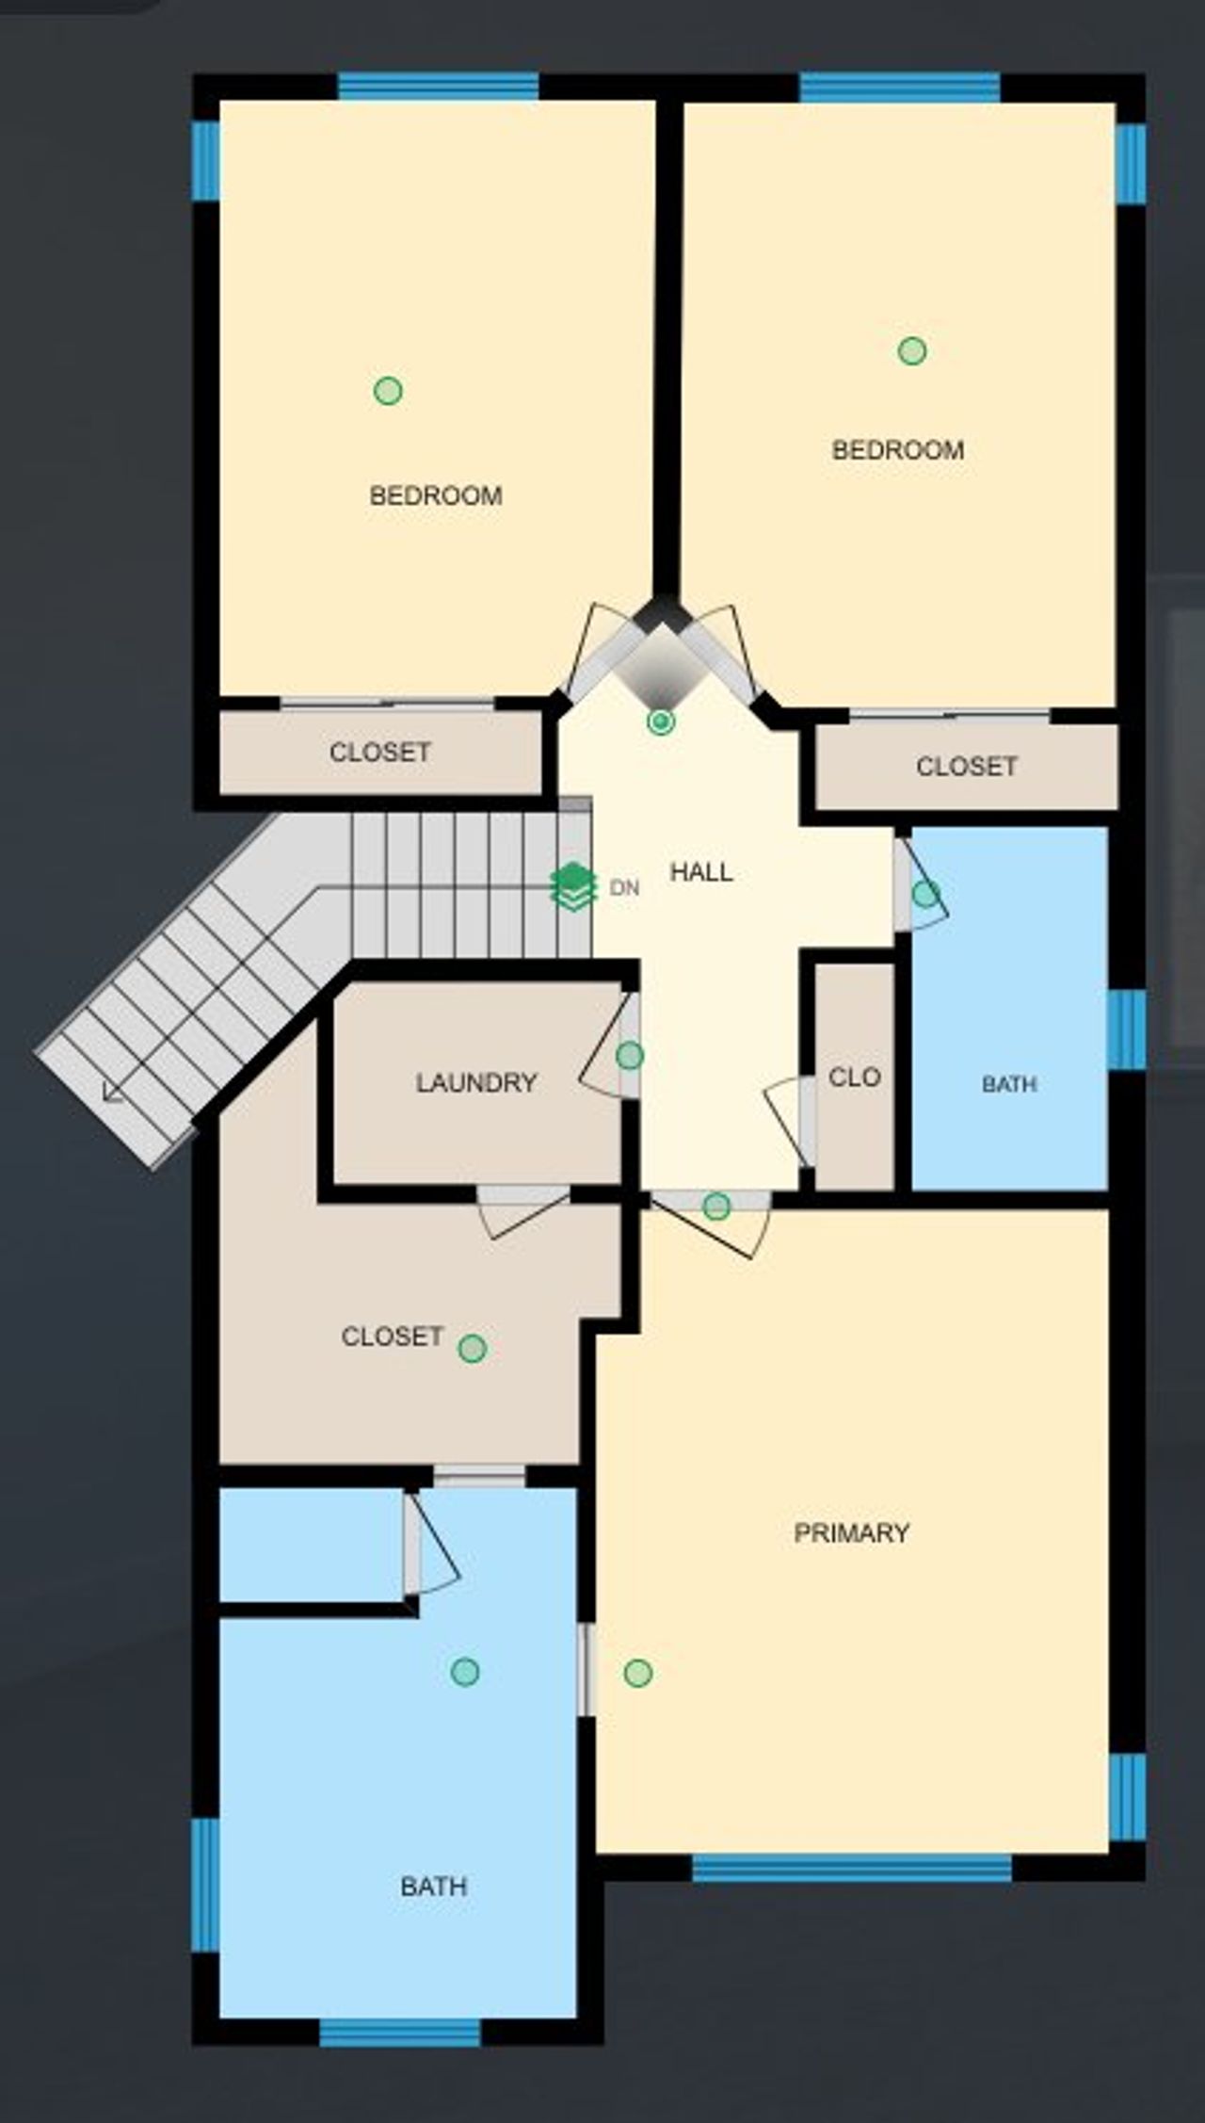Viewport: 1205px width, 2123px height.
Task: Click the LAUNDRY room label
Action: [x=476, y=1082]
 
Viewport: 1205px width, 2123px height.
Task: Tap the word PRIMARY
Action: [x=851, y=1532]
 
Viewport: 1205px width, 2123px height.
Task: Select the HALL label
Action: [x=701, y=872]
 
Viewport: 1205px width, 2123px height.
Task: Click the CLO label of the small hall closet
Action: [x=854, y=1077]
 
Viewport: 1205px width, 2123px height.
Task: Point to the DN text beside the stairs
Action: [x=624, y=888]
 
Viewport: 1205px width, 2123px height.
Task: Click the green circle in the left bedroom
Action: [x=388, y=390]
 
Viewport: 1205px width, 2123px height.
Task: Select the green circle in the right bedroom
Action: [x=911, y=351]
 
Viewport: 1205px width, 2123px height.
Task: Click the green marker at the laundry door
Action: [x=630, y=1056]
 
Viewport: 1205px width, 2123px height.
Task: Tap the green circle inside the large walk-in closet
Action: [x=472, y=1349]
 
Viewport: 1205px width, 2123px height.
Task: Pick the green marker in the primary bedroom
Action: [x=638, y=1673]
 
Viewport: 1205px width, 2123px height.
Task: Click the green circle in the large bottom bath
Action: [x=465, y=1672]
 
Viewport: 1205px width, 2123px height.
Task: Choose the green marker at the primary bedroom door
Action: [x=716, y=1206]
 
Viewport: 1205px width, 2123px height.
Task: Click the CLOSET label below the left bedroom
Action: [x=380, y=752]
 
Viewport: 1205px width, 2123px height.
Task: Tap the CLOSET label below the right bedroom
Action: [x=967, y=766]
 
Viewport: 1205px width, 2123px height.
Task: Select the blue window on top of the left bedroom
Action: [x=439, y=87]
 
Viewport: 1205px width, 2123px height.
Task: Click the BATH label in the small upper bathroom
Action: [x=1009, y=1084]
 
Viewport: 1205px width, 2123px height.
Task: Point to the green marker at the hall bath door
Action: [x=925, y=894]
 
